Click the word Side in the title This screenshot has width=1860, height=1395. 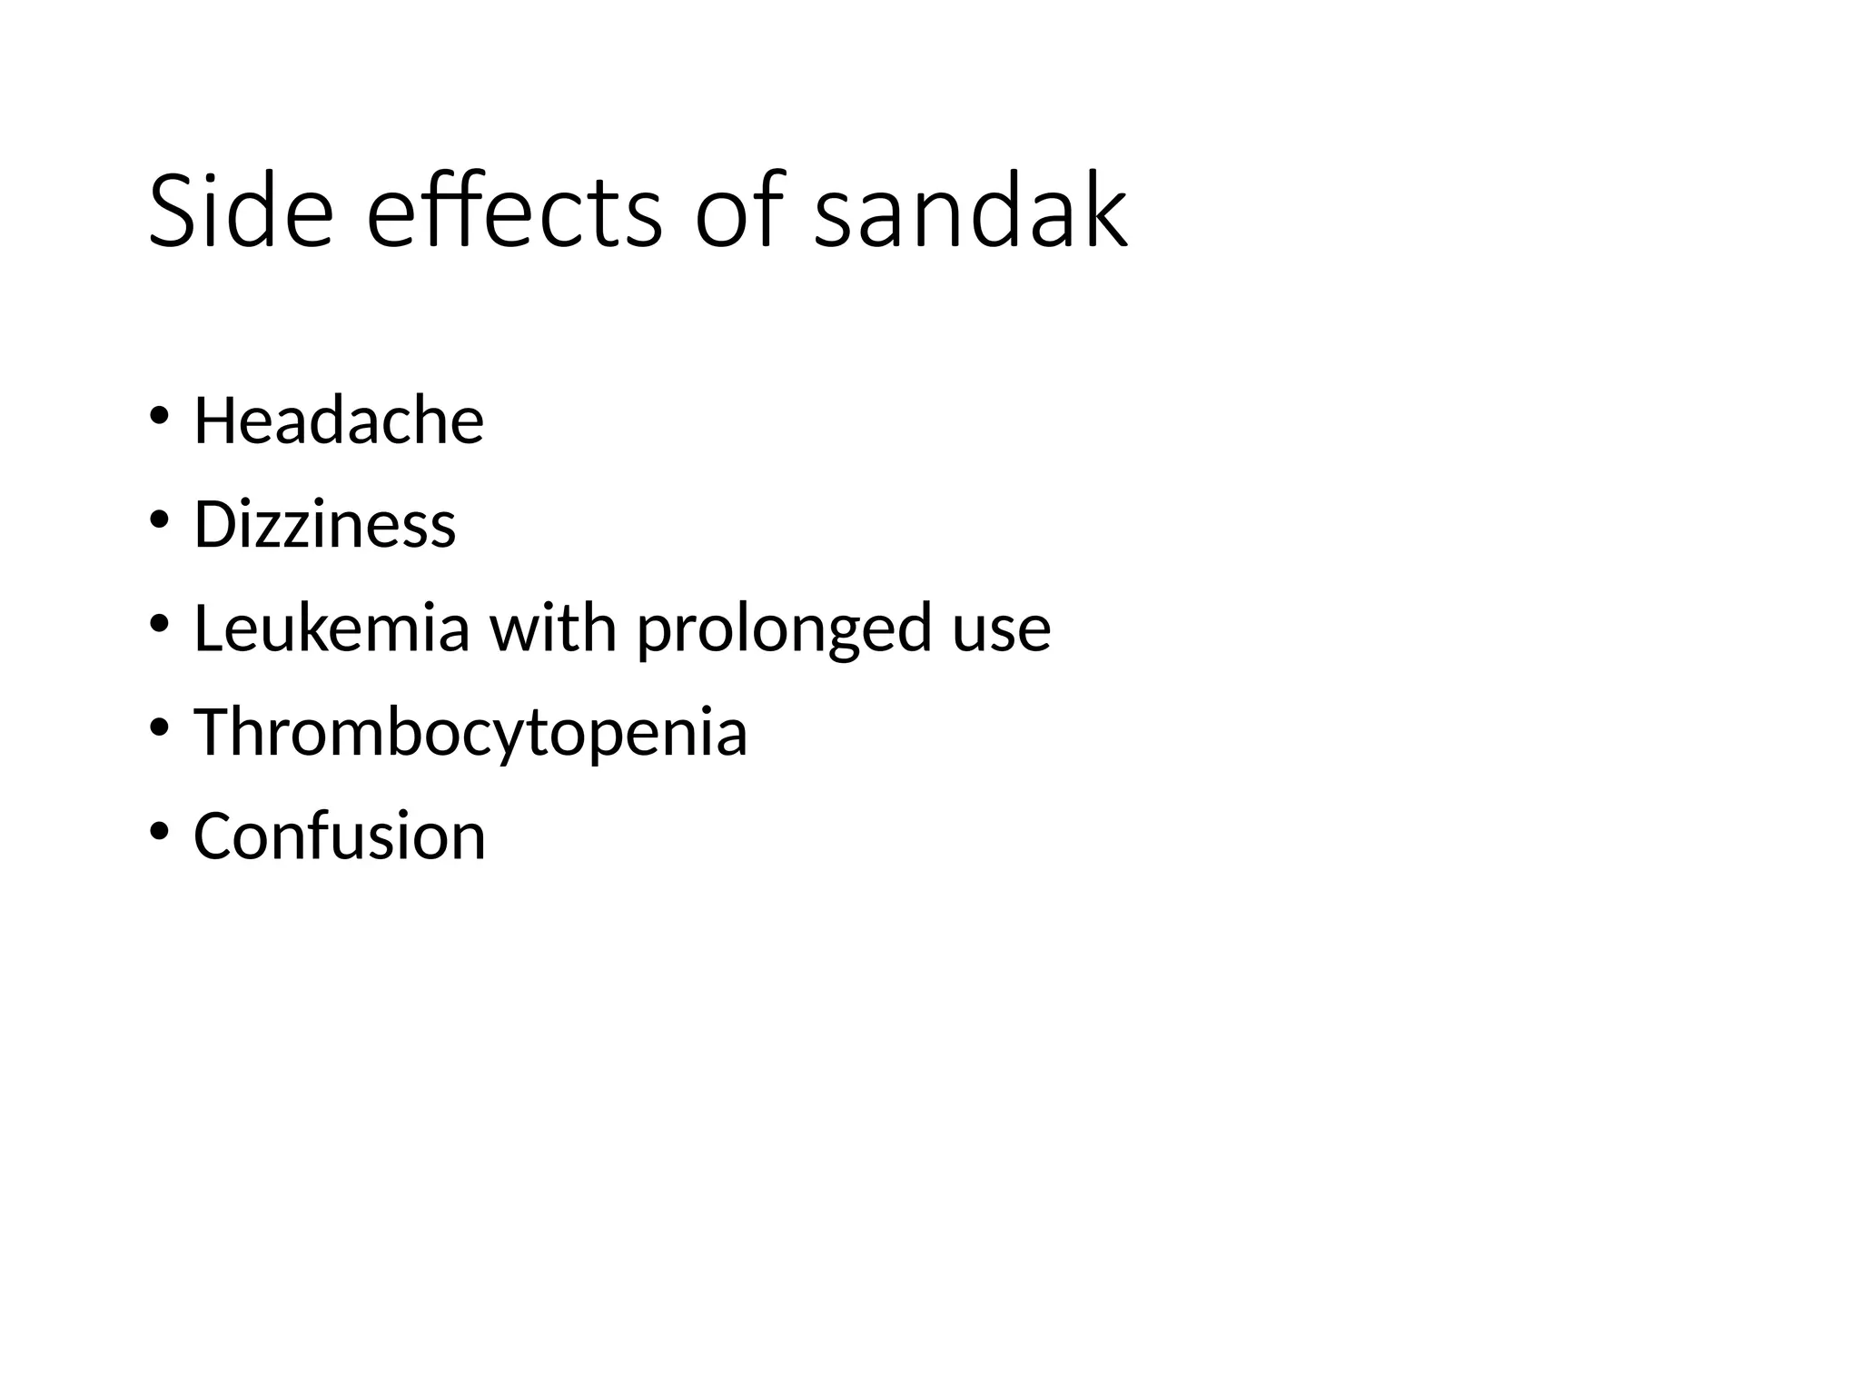[x=241, y=212]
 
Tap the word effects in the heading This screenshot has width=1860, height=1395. [x=514, y=212]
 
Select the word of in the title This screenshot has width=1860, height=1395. [x=738, y=212]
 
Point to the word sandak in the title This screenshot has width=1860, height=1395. [x=971, y=212]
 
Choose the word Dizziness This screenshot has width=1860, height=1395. [x=324, y=525]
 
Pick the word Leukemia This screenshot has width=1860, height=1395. [x=331, y=628]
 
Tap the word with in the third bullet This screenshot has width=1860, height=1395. [x=553, y=628]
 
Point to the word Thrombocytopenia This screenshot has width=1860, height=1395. [x=470, y=733]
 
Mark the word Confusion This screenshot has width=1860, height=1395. [x=340, y=836]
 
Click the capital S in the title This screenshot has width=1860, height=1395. [x=173, y=212]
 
